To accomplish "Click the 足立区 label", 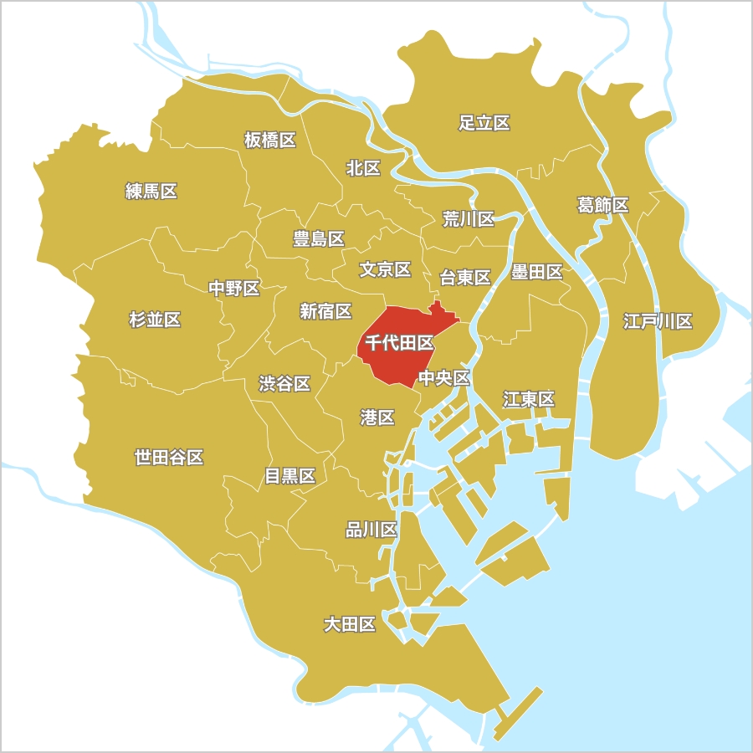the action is (x=484, y=124).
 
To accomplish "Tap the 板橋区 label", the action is (x=270, y=140).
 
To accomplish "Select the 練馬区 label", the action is (x=151, y=192).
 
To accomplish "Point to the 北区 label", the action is (x=363, y=168).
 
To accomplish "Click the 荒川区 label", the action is (x=469, y=219).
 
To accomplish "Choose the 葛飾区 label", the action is (x=602, y=205).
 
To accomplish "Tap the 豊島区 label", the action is (x=319, y=239).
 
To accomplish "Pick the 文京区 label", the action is (x=385, y=269).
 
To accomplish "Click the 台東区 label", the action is (x=465, y=278).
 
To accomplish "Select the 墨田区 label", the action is (x=536, y=272).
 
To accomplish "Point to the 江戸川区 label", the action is (x=658, y=321).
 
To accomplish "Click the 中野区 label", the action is (x=234, y=289).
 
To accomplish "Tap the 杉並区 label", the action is (x=155, y=320).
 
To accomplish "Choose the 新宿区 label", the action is (x=325, y=311).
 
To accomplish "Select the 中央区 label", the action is (x=444, y=378).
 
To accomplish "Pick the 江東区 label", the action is (x=529, y=399).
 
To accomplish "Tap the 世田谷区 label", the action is (x=169, y=458).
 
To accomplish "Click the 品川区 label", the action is (x=371, y=530).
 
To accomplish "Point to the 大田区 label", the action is (x=350, y=624).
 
